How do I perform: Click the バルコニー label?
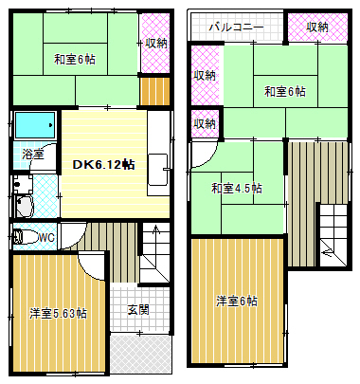[x=238, y=27]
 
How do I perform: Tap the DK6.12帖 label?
[x=103, y=164]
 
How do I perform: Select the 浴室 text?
[x=33, y=153]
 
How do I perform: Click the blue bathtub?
[x=35, y=124]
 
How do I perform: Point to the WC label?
[x=45, y=236]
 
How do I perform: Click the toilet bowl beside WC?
[x=26, y=236]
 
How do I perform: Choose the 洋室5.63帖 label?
[x=58, y=314]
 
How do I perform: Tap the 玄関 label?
[x=137, y=310]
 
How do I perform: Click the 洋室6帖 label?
[x=237, y=302]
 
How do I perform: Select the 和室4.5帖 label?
[x=236, y=188]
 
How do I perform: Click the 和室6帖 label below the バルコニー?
[x=284, y=91]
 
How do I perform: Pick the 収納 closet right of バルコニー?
[x=318, y=27]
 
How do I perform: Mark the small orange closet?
[x=153, y=93]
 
